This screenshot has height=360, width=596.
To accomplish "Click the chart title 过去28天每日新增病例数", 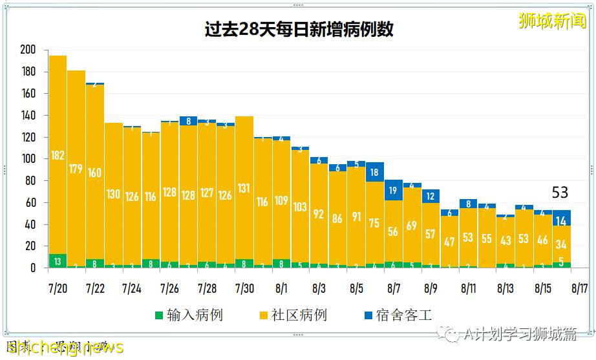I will [x=299, y=30].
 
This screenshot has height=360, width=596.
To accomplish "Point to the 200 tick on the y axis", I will [x=28, y=50].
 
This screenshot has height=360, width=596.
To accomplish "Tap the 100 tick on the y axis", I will [x=28, y=159].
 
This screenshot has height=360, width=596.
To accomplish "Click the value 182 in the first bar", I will [x=58, y=155].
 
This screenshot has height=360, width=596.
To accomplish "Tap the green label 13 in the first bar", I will [x=58, y=262].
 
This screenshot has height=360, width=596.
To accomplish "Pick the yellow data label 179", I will [x=76, y=169].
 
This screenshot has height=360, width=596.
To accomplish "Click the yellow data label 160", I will [x=95, y=173].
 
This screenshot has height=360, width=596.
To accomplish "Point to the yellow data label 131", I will [x=244, y=188].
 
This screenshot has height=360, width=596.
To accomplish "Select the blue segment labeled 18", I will [x=374, y=173].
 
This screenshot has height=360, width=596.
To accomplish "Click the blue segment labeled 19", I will [x=393, y=191].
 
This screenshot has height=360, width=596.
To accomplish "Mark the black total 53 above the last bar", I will [x=560, y=193].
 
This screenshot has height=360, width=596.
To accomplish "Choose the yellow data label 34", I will [x=561, y=244].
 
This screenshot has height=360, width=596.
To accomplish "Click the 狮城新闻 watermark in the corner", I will [x=552, y=21].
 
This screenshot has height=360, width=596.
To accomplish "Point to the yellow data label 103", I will [x=300, y=207].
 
